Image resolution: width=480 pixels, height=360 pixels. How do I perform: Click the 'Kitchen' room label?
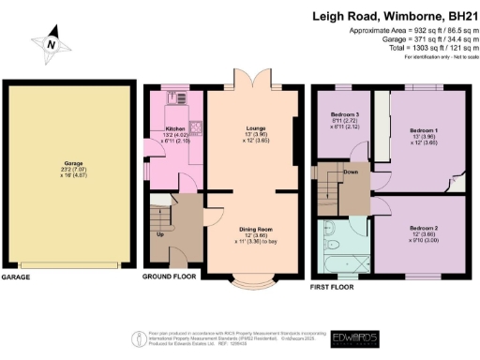(x=176, y=129)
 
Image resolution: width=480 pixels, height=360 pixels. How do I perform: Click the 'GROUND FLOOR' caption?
(x=168, y=278)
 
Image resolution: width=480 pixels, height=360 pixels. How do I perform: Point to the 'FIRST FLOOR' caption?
(x=336, y=278)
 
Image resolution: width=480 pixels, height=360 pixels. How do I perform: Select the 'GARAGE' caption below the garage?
(x=17, y=278)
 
